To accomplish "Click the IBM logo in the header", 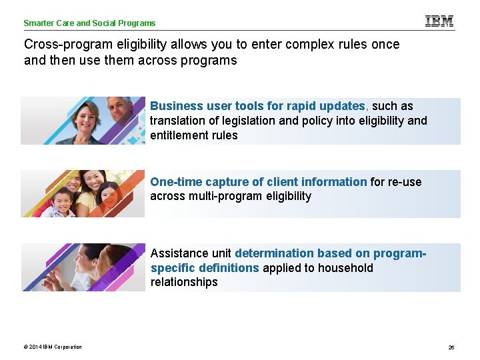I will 439,21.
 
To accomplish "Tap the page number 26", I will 451,347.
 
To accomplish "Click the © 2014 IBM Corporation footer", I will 53,347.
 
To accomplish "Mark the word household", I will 345,268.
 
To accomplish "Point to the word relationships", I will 184,282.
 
